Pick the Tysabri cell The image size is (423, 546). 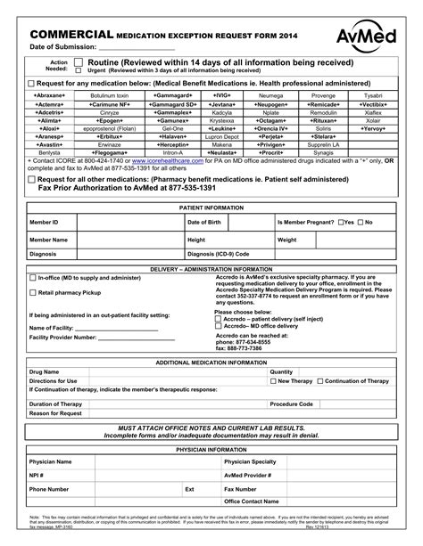coord(372,94)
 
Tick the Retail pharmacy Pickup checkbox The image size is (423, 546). coord(33,292)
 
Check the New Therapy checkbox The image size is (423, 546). coord(272,380)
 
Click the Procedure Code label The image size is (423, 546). coord(291,403)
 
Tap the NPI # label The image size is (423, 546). coord(37,476)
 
